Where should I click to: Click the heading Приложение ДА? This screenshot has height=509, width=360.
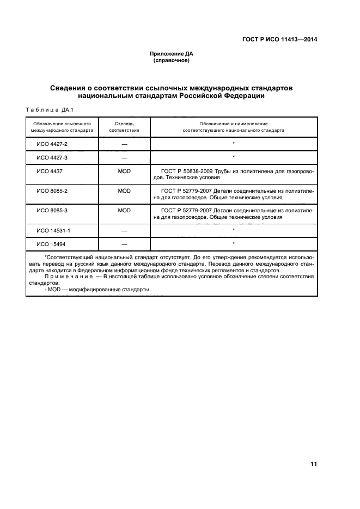(x=172, y=54)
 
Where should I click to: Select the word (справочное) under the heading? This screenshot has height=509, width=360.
(x=172, y=60)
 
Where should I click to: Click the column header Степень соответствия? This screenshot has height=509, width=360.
(x=124, y=127)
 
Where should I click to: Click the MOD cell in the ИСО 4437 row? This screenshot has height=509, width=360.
(x=124, y=171)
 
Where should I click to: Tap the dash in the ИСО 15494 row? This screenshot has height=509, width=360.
(x=124, y=243)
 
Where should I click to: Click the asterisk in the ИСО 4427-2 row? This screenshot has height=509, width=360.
(x=233, y=144)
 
